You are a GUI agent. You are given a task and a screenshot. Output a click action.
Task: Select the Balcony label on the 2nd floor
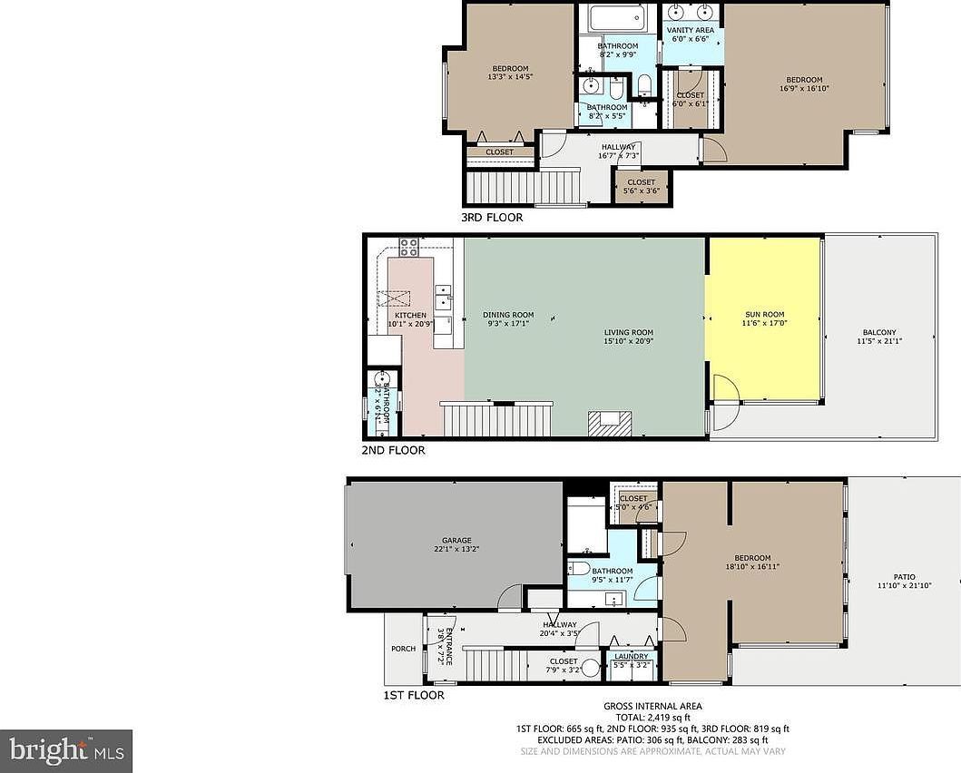(876, 333)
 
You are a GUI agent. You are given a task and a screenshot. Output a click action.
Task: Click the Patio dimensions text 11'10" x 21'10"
(904, 586)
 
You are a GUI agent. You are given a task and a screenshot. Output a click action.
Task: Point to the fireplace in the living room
(608, 422)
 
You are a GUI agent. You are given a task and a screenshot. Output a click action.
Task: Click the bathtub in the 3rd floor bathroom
(616, 18)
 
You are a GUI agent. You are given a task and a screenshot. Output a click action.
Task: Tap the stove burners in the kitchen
(408, 246)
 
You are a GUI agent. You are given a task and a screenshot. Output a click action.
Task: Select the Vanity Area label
(691, 30)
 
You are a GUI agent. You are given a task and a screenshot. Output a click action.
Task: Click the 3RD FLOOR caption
(491, 218)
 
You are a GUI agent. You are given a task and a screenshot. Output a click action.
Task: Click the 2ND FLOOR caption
(393, 450)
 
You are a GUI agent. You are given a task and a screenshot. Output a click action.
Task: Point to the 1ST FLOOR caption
(413, 696)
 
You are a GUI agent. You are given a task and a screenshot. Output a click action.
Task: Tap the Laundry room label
(631, 657)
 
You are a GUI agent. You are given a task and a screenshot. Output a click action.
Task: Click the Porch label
(403, 649)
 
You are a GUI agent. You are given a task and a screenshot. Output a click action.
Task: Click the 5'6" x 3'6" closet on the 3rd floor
(642, 186)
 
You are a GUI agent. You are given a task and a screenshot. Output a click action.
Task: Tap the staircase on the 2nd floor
(496, 420)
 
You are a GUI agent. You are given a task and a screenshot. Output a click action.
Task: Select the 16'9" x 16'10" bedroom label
(804, 83)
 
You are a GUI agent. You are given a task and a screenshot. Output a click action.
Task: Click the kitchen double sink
(443, 298)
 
